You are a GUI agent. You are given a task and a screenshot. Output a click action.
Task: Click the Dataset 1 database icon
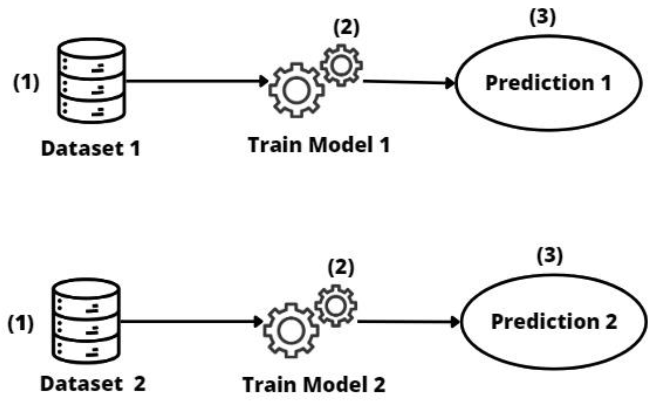click(x=91, y=80)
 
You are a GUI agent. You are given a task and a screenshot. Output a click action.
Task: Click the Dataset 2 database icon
click(x=86, y=321)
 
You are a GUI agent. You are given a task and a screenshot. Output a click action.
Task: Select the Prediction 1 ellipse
click(x=548, y=83)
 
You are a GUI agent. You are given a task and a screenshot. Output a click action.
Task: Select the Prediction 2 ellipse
click(x=553, y=322)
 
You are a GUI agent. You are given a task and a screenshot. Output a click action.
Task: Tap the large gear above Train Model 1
click(x=297, y=90)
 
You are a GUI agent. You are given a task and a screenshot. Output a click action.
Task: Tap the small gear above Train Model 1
click(x=341, y=65)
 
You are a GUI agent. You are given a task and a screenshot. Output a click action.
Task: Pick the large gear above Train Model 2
click(x=291, y=330)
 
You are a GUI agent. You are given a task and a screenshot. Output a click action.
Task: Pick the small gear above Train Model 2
click(x=336, y=306)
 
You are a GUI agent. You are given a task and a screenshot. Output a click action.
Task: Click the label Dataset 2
click(x=93, y=384)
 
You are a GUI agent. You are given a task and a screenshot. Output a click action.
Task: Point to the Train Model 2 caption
click(x=314, y=385)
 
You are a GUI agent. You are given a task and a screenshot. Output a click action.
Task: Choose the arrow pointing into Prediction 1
click(x=409, y=82)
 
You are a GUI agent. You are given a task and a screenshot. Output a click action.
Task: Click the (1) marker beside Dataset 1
click(x=26, y=82)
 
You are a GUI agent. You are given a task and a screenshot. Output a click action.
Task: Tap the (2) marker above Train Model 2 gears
click(x=341, y=267)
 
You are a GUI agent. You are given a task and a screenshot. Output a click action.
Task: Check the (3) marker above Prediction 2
click(x=549, y=256)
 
